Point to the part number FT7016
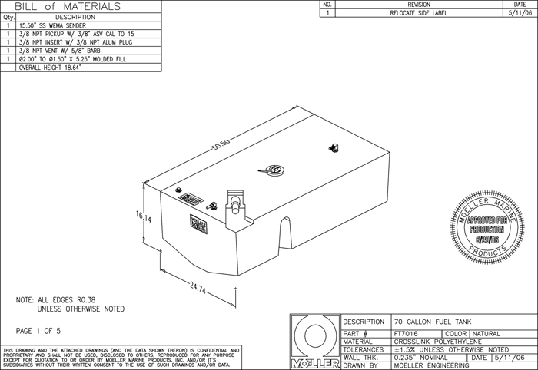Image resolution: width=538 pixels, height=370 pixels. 405,332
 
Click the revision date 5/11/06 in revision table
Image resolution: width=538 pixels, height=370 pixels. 514,13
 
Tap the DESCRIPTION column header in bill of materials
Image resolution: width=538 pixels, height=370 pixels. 75,16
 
